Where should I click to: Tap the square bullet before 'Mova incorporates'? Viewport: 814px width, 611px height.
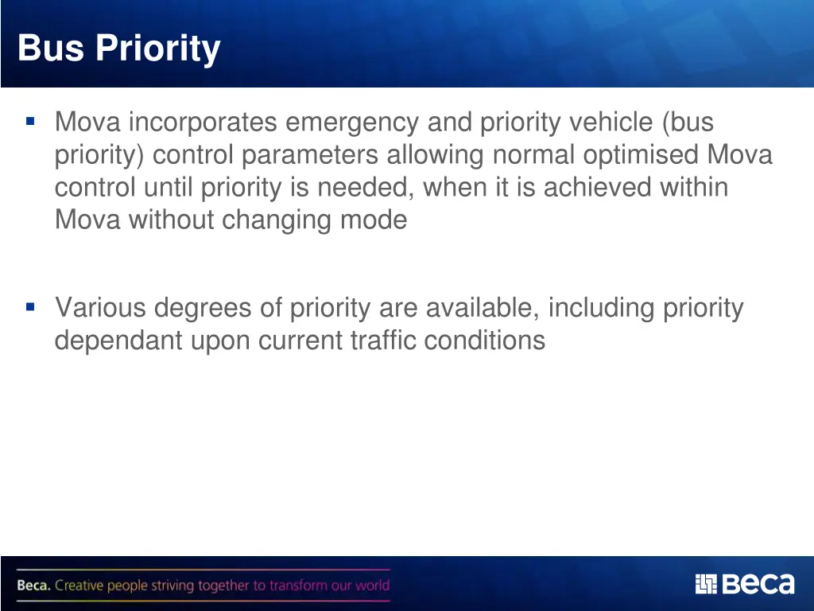click(x=30, y=122)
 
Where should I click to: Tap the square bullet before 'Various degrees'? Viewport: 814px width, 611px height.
click(x=30, y=306)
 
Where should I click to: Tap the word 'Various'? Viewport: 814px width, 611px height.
click(x=100, y=308)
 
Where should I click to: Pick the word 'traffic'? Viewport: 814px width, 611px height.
click(x=383, y=341)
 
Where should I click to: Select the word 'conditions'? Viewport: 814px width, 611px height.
click(x=485, y=341)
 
